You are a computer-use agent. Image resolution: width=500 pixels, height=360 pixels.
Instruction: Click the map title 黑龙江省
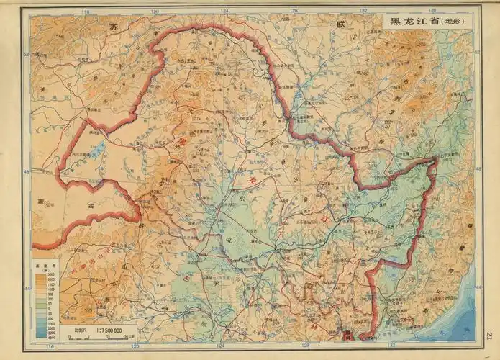[412, 21]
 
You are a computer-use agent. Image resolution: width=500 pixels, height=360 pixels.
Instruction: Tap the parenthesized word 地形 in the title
[453, 22]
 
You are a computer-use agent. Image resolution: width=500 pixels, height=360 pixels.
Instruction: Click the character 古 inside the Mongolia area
[93, 206]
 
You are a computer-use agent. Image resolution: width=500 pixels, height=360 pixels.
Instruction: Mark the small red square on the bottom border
[350, 335]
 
